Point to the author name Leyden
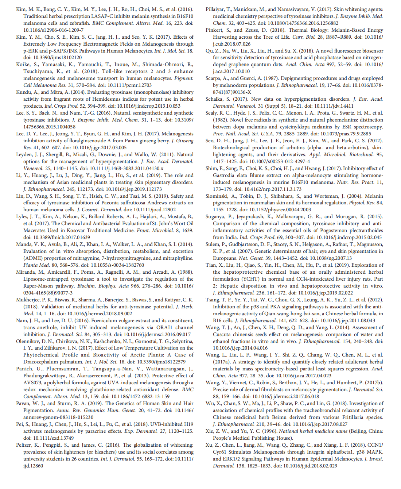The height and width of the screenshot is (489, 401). coord(24,154)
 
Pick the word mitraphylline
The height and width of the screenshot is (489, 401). coord(173,258)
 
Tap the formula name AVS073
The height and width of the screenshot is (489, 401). coord(33,382)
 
